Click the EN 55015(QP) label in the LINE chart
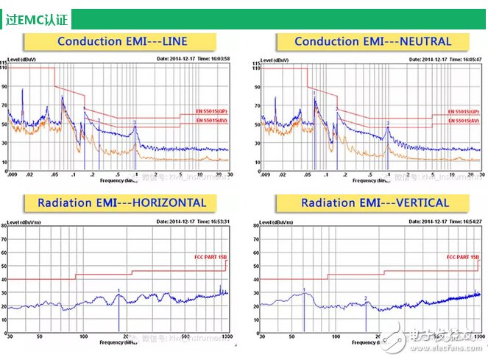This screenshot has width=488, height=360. click(x=210, y=112)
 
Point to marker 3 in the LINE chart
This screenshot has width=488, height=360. click(x=135, y=122)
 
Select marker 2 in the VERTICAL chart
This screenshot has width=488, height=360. click(x=365, y=298)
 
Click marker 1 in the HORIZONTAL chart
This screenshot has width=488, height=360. click(x=118, y=291)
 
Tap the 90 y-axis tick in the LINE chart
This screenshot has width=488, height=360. click(x=4, y=87)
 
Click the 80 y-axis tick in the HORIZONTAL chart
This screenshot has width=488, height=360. click(x=4, y=227)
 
